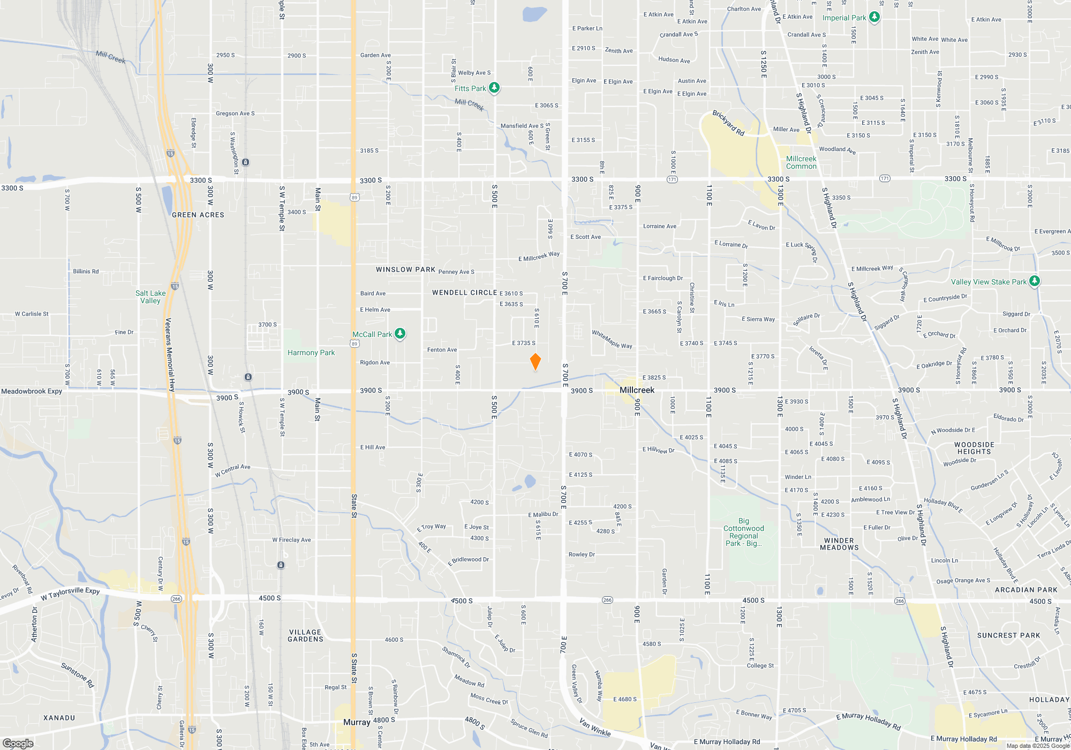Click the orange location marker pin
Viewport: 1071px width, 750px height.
pos(535,362)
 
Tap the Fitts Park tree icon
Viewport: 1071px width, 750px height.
pos(494,88)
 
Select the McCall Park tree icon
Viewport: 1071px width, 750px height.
pos(399,334)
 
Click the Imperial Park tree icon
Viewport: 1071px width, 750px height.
pos(874,17)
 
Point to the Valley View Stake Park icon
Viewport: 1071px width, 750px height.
pos(1034,281)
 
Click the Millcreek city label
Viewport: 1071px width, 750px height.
pos(637,390)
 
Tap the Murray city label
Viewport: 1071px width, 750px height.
pos(357,722)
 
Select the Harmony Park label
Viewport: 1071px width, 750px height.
pos(311,352)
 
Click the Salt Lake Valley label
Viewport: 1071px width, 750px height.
pos(150,297)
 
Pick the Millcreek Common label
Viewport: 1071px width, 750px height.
pos(801,162)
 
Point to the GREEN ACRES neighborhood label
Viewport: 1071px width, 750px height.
pos(198,215)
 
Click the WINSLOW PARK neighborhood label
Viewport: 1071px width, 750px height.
pos(405,269)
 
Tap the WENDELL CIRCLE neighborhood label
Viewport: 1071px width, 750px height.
pos(464,292)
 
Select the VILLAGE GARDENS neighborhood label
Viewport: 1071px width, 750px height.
pos(305,635)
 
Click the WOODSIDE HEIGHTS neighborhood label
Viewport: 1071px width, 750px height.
pos(974,448)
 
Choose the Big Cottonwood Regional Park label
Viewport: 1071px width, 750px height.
pos(743,532)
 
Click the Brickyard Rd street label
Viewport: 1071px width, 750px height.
pos(728,123)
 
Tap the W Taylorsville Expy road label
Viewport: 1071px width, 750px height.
pos(70,594)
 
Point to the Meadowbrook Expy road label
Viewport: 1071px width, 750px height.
pos(32,391)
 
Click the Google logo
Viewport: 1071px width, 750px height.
pos(18,743)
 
